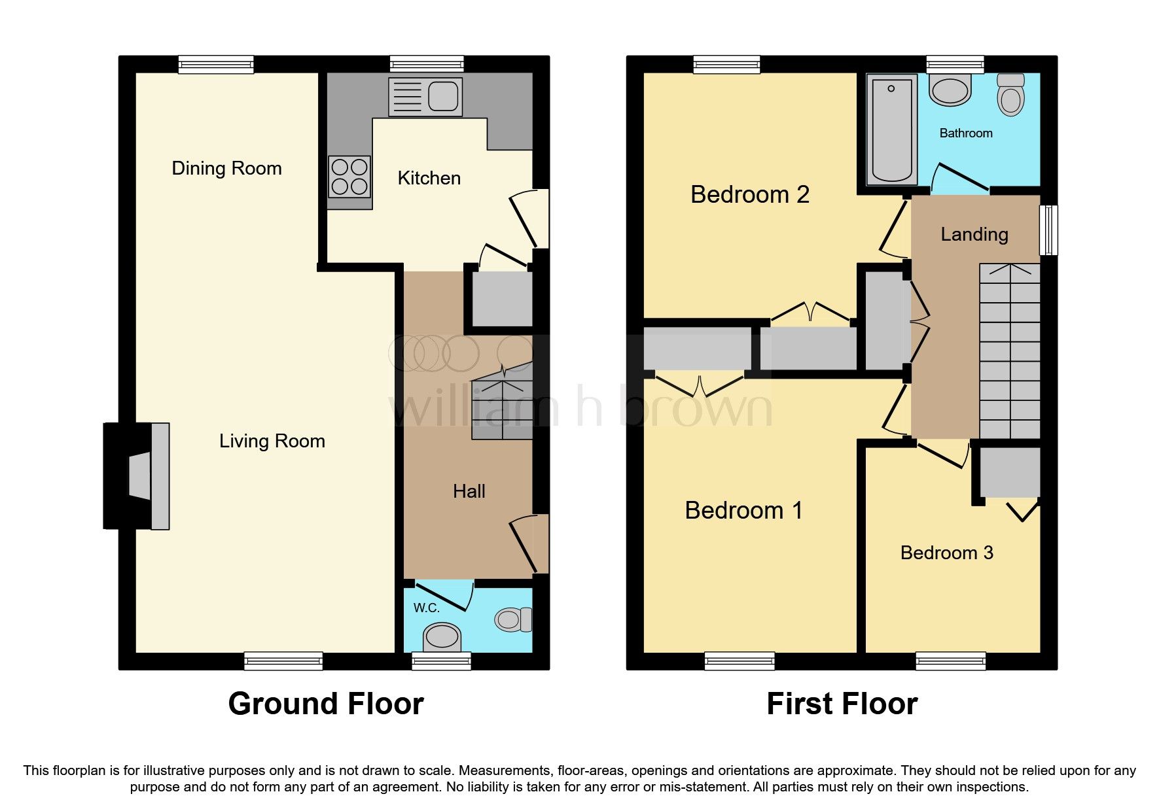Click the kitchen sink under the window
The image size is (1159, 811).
click(425, 97)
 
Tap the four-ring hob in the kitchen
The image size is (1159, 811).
click(349, 177)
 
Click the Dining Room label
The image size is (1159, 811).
click(226, 168)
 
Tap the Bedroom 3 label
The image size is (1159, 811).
click(946, 553)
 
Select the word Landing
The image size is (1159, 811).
click(974, 234)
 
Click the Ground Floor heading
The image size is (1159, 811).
click(326, 704)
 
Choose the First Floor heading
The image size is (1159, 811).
click(842, 704)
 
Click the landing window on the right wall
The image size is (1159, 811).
click(1048, 230)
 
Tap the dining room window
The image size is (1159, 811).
click(216, 64)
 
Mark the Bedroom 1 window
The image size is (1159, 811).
click(740, 661)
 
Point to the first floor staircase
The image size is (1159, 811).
click(1009, 351)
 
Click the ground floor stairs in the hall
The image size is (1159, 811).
click(502, 402)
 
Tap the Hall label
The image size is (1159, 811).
click(469, 491)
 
